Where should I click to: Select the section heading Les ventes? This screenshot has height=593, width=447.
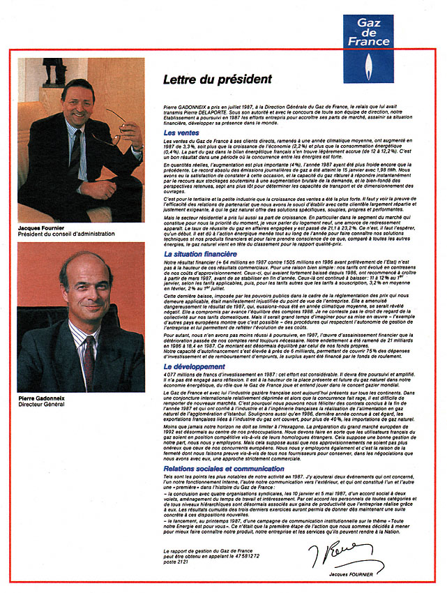tap(181, 133)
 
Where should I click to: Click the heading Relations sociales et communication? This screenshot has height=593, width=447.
tap(224, 469)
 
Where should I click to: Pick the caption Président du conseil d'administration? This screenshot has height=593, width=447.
tap(63, 235)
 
